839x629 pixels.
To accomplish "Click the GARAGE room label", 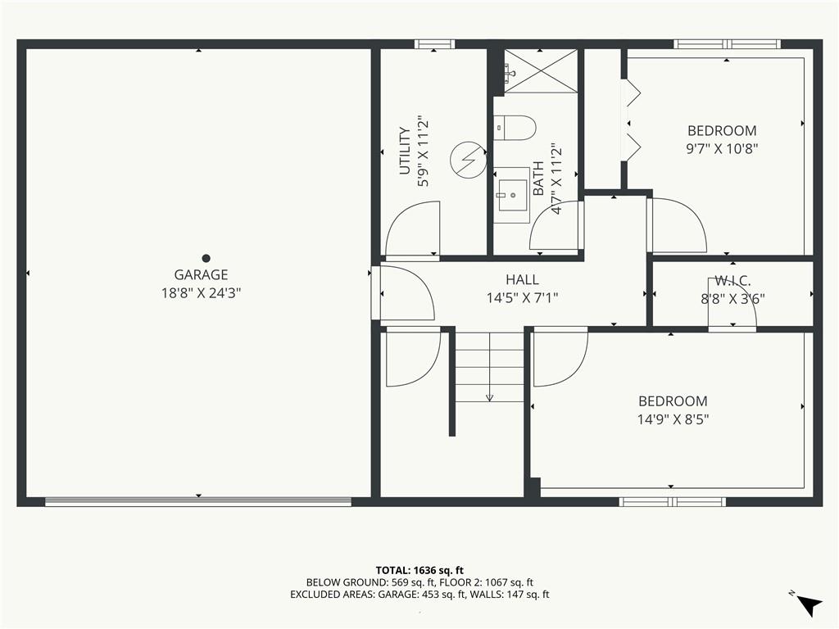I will point(201,275).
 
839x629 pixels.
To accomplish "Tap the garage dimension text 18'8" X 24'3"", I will point(201,292).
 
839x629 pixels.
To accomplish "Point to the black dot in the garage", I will point(206,258).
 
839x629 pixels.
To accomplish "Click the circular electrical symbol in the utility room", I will point(468,159).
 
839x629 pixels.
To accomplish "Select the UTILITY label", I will point(404,151).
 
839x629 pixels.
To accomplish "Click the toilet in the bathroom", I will point(515,128).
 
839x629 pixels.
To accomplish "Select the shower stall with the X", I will point(540,71).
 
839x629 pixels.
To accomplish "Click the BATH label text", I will point(538,179).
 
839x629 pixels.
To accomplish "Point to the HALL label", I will point(522,280).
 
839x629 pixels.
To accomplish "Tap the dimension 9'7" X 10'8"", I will point(722,148).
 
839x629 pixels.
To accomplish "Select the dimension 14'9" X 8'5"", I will point(673,419).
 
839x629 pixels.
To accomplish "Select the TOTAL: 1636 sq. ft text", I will point(419,569).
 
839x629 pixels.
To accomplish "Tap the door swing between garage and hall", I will point(406,293).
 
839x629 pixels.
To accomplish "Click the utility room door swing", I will point(412,230).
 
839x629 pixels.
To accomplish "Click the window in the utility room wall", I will point(434,44).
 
